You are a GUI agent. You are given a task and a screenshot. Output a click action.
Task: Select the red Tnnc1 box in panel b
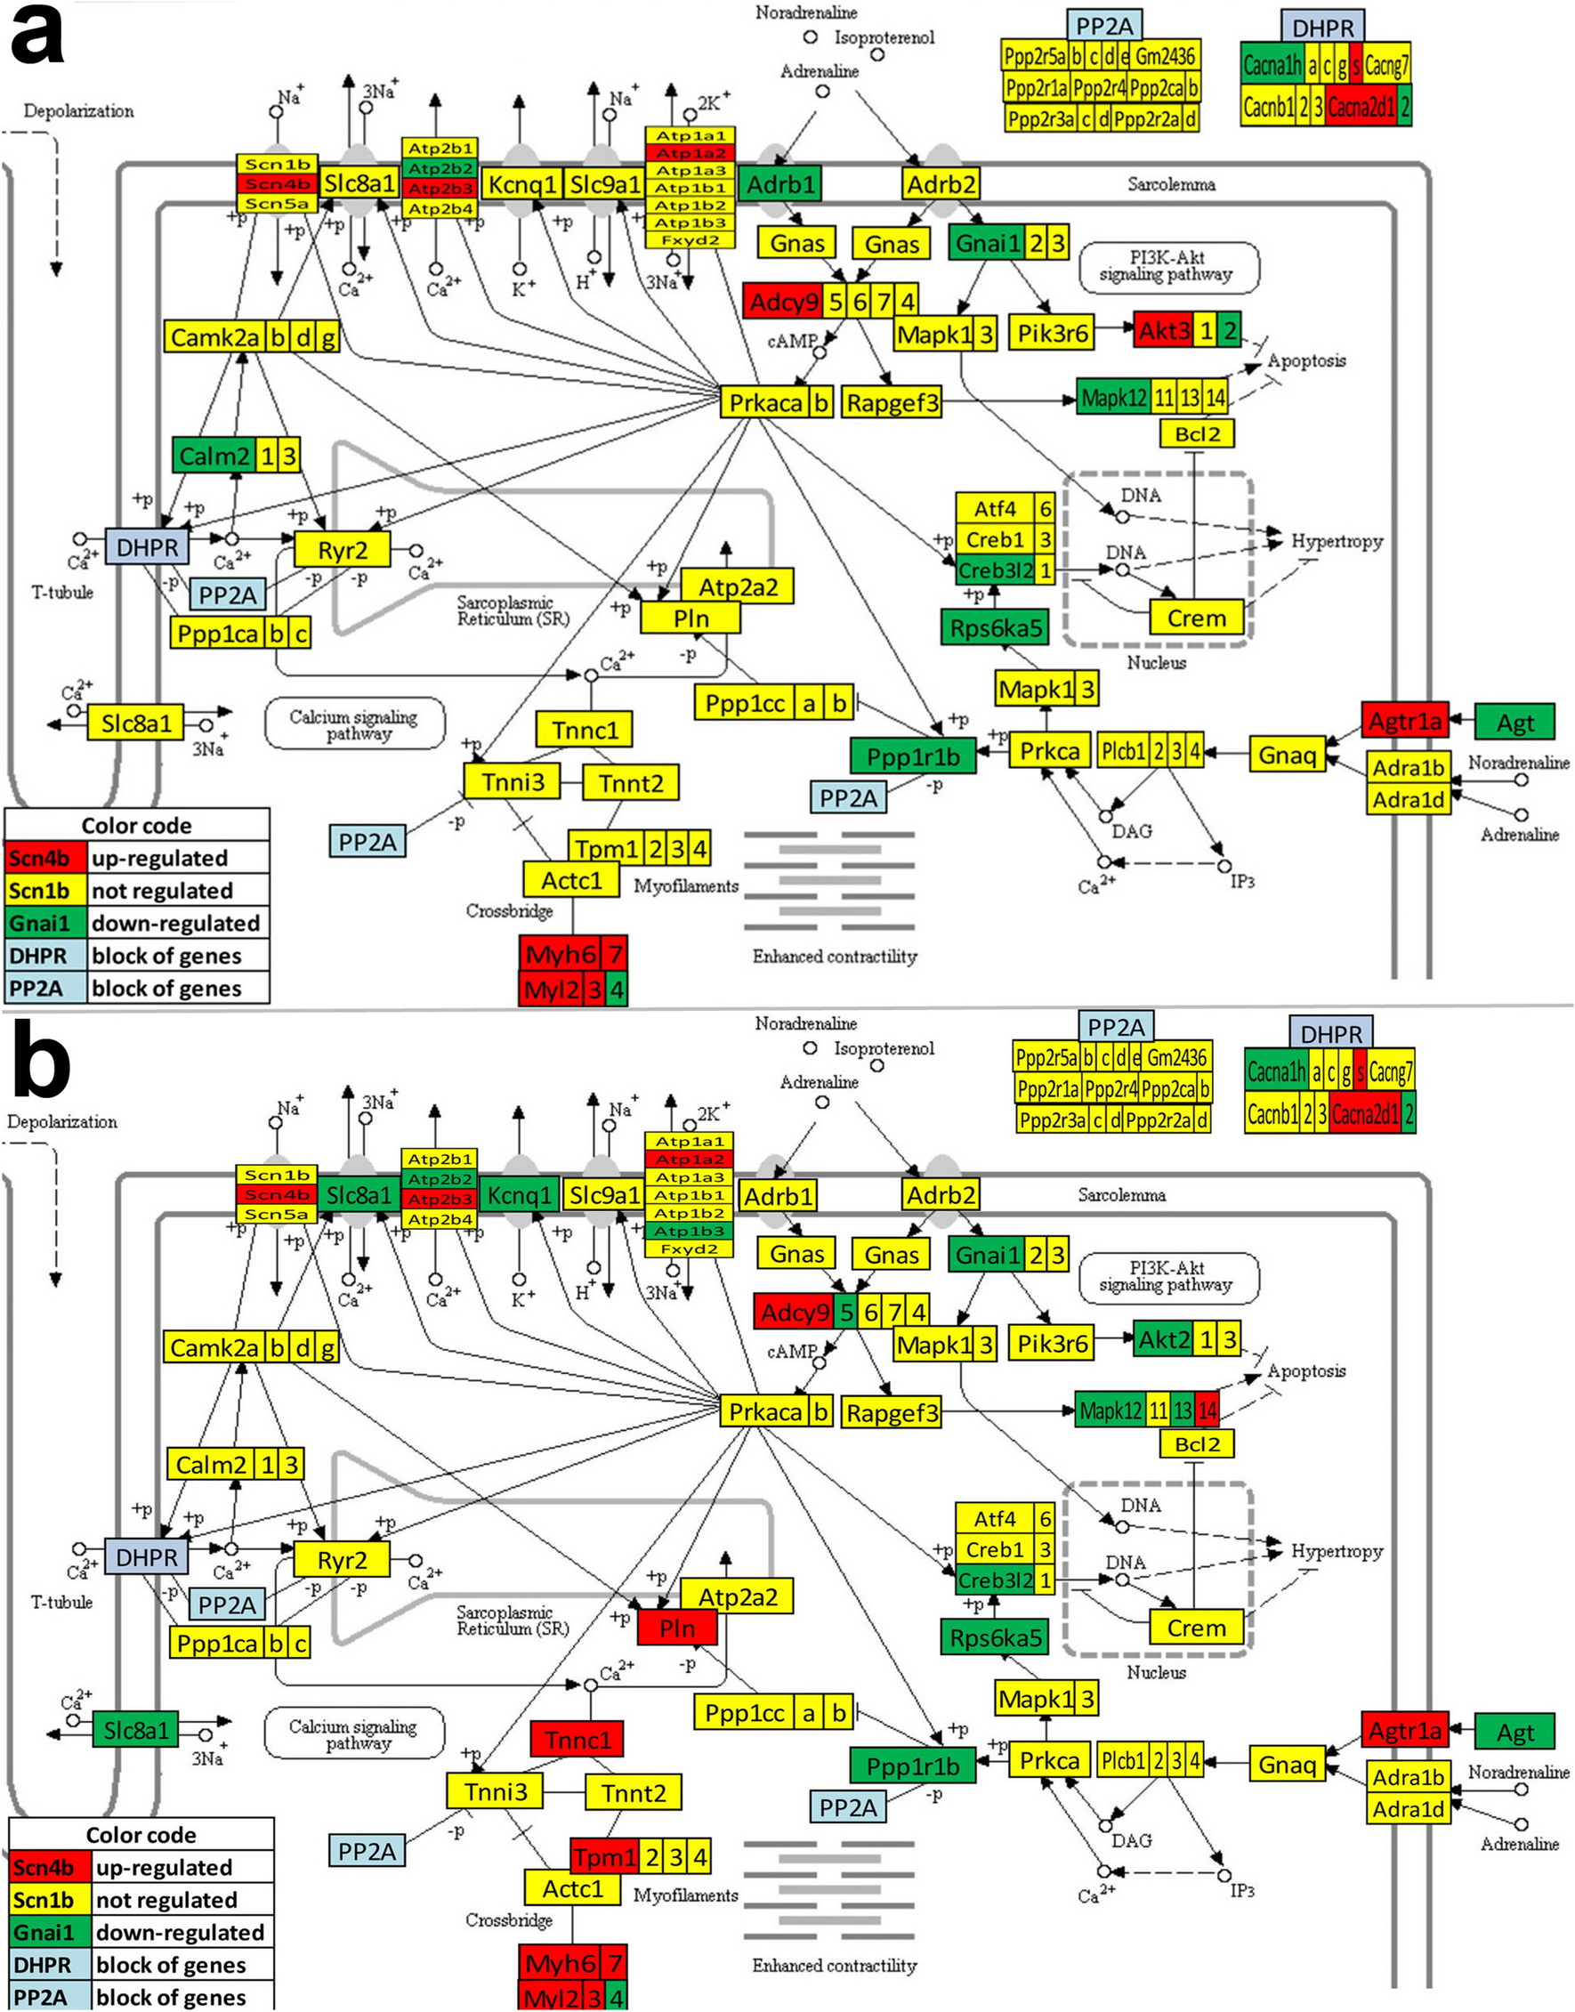pos(577,1740)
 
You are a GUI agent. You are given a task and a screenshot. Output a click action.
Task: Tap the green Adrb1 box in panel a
pos(780,184)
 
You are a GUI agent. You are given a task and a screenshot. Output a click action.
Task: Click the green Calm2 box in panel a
pos(214,456)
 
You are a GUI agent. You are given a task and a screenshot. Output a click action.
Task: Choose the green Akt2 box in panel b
pos(1164,1340)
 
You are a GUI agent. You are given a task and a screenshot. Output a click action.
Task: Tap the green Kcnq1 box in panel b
pos(519,1196)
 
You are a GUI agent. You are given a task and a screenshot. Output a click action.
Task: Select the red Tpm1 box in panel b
pos(605,1856)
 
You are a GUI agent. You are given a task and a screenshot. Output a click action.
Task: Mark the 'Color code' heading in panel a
pos(136,825)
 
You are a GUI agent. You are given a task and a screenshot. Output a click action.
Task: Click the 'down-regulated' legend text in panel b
pos(180,1932)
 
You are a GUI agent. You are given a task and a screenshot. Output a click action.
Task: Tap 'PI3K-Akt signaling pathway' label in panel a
pos(1167,265)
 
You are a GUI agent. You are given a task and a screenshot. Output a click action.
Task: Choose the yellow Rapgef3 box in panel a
pos(892,403)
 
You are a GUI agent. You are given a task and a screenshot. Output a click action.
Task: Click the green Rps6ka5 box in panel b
pos(995,1638)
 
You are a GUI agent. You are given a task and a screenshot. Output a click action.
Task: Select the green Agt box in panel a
pos(1515,723)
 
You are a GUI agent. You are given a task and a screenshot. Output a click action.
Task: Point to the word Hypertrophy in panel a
pos(1337,541)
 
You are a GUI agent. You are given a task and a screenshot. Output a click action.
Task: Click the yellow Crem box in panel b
pos(1196,1628)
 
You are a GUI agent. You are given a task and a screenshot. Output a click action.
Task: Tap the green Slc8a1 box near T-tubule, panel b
pos(136,1731)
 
